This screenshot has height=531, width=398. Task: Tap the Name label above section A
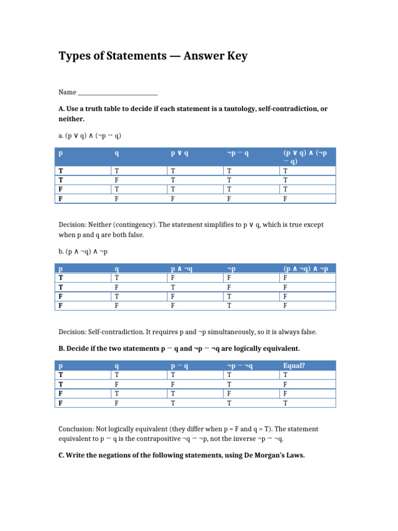coord(67,92)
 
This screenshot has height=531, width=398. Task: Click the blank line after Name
coord(117,93)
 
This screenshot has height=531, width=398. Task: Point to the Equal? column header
coord(294,366)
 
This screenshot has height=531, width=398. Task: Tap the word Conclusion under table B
coord(76,429)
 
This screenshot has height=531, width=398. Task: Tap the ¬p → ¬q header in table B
coord(239,366)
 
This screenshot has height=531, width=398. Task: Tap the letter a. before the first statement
coord(61,136)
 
